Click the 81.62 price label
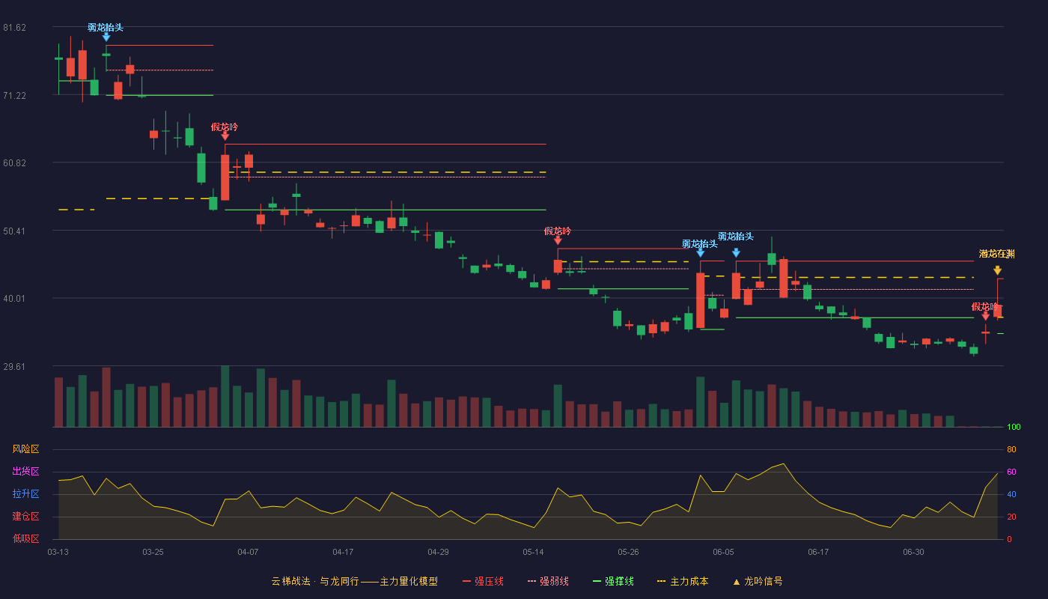(x=14, y=28)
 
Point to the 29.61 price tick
(x=14, y=366)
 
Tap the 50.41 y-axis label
(x=14, y=231)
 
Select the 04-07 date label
(x=248, y=553)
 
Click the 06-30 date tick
(x=914, y=553)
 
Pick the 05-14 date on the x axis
(x=533, y=553)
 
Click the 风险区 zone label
(x=25, y=449)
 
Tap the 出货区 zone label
(x=25, y=471)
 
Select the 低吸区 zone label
(x=25, y=538)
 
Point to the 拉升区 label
(x=25, y=493)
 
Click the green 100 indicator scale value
(x=1014, y=427)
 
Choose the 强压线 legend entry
(x=483, y=581)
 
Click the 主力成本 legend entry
(x=683, y=581)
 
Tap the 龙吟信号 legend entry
(x=758, y=581)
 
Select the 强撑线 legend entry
(x=613, y=581)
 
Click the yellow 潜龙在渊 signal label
(x=997, y=254)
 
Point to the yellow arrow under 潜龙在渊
(x=997, y=270)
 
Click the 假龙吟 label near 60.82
(x=225, y=127)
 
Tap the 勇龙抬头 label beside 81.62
(x=106, y=28)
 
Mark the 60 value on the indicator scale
(x=1011, y=472)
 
